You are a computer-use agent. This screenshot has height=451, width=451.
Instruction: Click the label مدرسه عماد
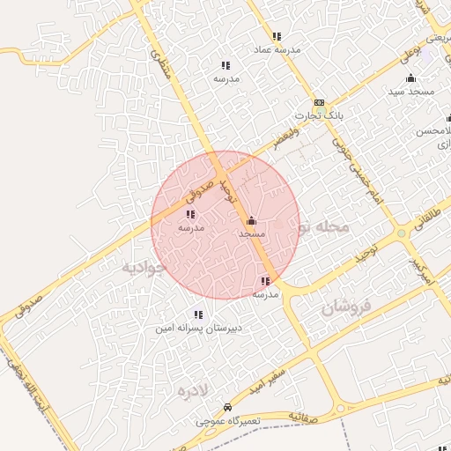click(x=277, y=50)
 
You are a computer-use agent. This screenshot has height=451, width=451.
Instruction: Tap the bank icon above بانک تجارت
click(x=318, y=102)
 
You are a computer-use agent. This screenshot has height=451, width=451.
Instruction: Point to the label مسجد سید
click(x=410, y=92)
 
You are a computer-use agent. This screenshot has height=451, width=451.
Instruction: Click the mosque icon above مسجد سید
click(x=410, y=78)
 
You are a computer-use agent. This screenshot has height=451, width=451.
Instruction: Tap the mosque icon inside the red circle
click(x=252, y=221)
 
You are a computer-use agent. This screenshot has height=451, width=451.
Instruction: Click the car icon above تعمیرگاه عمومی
click(x=228, y=408)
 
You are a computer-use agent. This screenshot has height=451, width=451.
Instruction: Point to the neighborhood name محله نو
click(x=322, y=227)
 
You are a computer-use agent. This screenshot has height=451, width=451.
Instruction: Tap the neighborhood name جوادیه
click(x=143, y=267)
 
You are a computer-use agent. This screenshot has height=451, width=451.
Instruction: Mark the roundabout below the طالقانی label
click(x=401, y=233)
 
